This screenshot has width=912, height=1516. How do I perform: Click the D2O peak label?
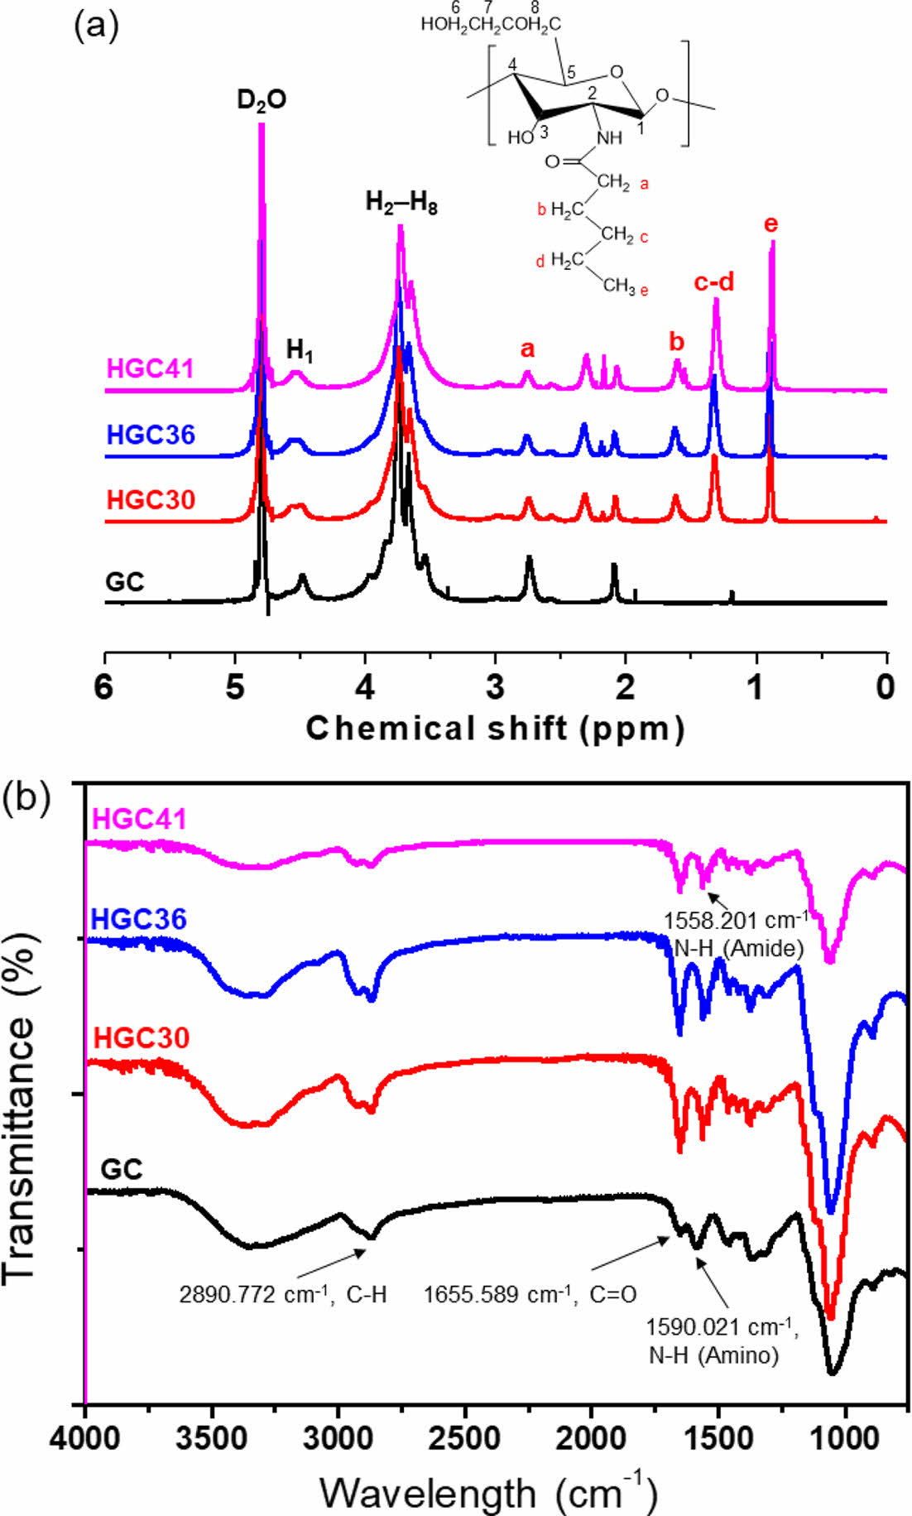tap(262, 100)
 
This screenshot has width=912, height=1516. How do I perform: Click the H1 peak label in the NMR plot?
tap(300, 350)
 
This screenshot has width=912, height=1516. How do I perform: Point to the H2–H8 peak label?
tap(401, 203)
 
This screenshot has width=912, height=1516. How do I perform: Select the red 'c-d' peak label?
tap(714, 282)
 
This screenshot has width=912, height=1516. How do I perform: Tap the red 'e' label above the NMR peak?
tap(771, 224)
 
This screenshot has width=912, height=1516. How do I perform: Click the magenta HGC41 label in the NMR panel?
tap(151, 368)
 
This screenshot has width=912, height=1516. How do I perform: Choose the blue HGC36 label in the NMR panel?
tap(151, 434)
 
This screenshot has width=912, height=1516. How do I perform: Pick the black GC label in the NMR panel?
tap(125, 582)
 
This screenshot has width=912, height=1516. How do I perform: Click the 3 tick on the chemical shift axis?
tap(495, 687)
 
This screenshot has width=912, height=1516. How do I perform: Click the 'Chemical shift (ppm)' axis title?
tap(495, 729)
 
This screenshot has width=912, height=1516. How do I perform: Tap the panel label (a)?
tap(96, 26)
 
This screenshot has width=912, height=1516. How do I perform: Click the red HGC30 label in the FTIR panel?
tap(142, 1037)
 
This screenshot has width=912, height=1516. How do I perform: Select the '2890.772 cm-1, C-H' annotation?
tap(283, 1294)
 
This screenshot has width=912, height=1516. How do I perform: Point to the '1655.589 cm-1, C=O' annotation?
tap(530, 1294)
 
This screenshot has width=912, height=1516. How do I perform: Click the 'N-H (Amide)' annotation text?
tap(739, 948)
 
